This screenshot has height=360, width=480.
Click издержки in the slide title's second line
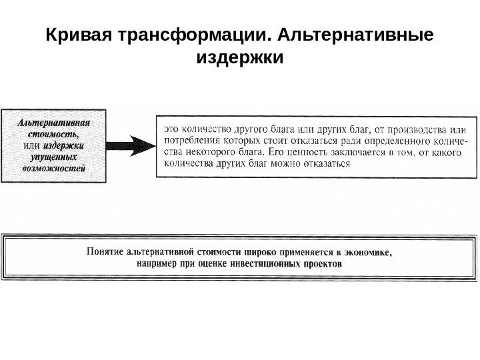(x=240, y=58)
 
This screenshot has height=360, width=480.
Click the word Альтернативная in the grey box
(x=55, y=123)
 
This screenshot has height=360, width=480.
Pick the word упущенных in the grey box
(x=55, y=157)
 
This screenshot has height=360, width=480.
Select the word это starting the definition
(x=173, y=123)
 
